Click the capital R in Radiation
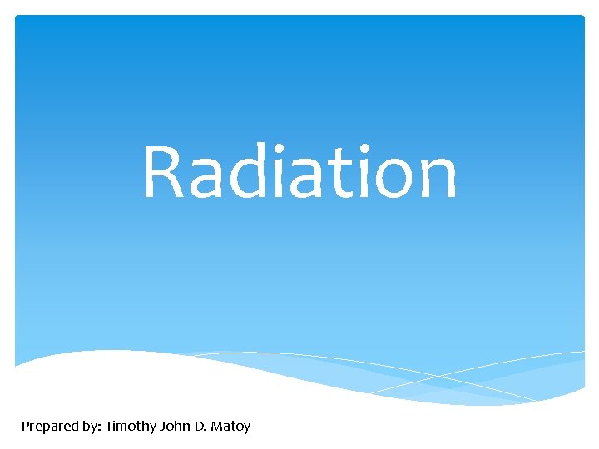coord(163,173)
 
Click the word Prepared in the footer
coord(49,427)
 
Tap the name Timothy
coord(131,427)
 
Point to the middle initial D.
coord(199,426)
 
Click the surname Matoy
coord(230,427)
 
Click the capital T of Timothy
coord(109,426)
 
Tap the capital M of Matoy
coord(217,426)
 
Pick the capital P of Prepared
coord(26,426)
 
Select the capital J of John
coord(161,426)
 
